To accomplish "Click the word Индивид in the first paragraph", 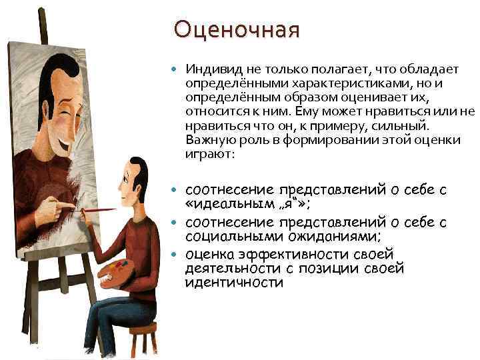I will click(207, 69).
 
